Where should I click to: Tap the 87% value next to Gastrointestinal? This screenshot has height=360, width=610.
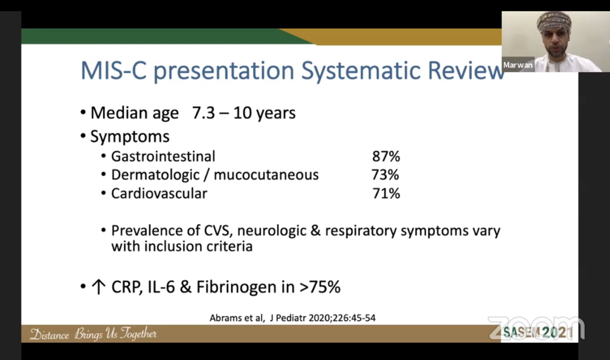point(386,157)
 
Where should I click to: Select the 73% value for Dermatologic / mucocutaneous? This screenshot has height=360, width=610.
point(385,175)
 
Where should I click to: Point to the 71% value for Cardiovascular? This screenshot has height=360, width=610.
point(385,193)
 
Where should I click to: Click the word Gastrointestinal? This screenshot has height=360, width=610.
point(163,157)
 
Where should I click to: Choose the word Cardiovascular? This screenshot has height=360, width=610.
point(159,193)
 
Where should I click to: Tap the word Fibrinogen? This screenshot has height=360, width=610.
point(237,287)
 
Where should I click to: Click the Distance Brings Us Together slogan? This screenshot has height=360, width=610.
point(93,334)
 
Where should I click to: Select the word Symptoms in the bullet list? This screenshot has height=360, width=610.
point(129,136)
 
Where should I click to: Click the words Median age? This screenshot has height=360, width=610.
point(134,113)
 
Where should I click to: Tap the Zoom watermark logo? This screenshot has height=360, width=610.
point(536,325)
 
